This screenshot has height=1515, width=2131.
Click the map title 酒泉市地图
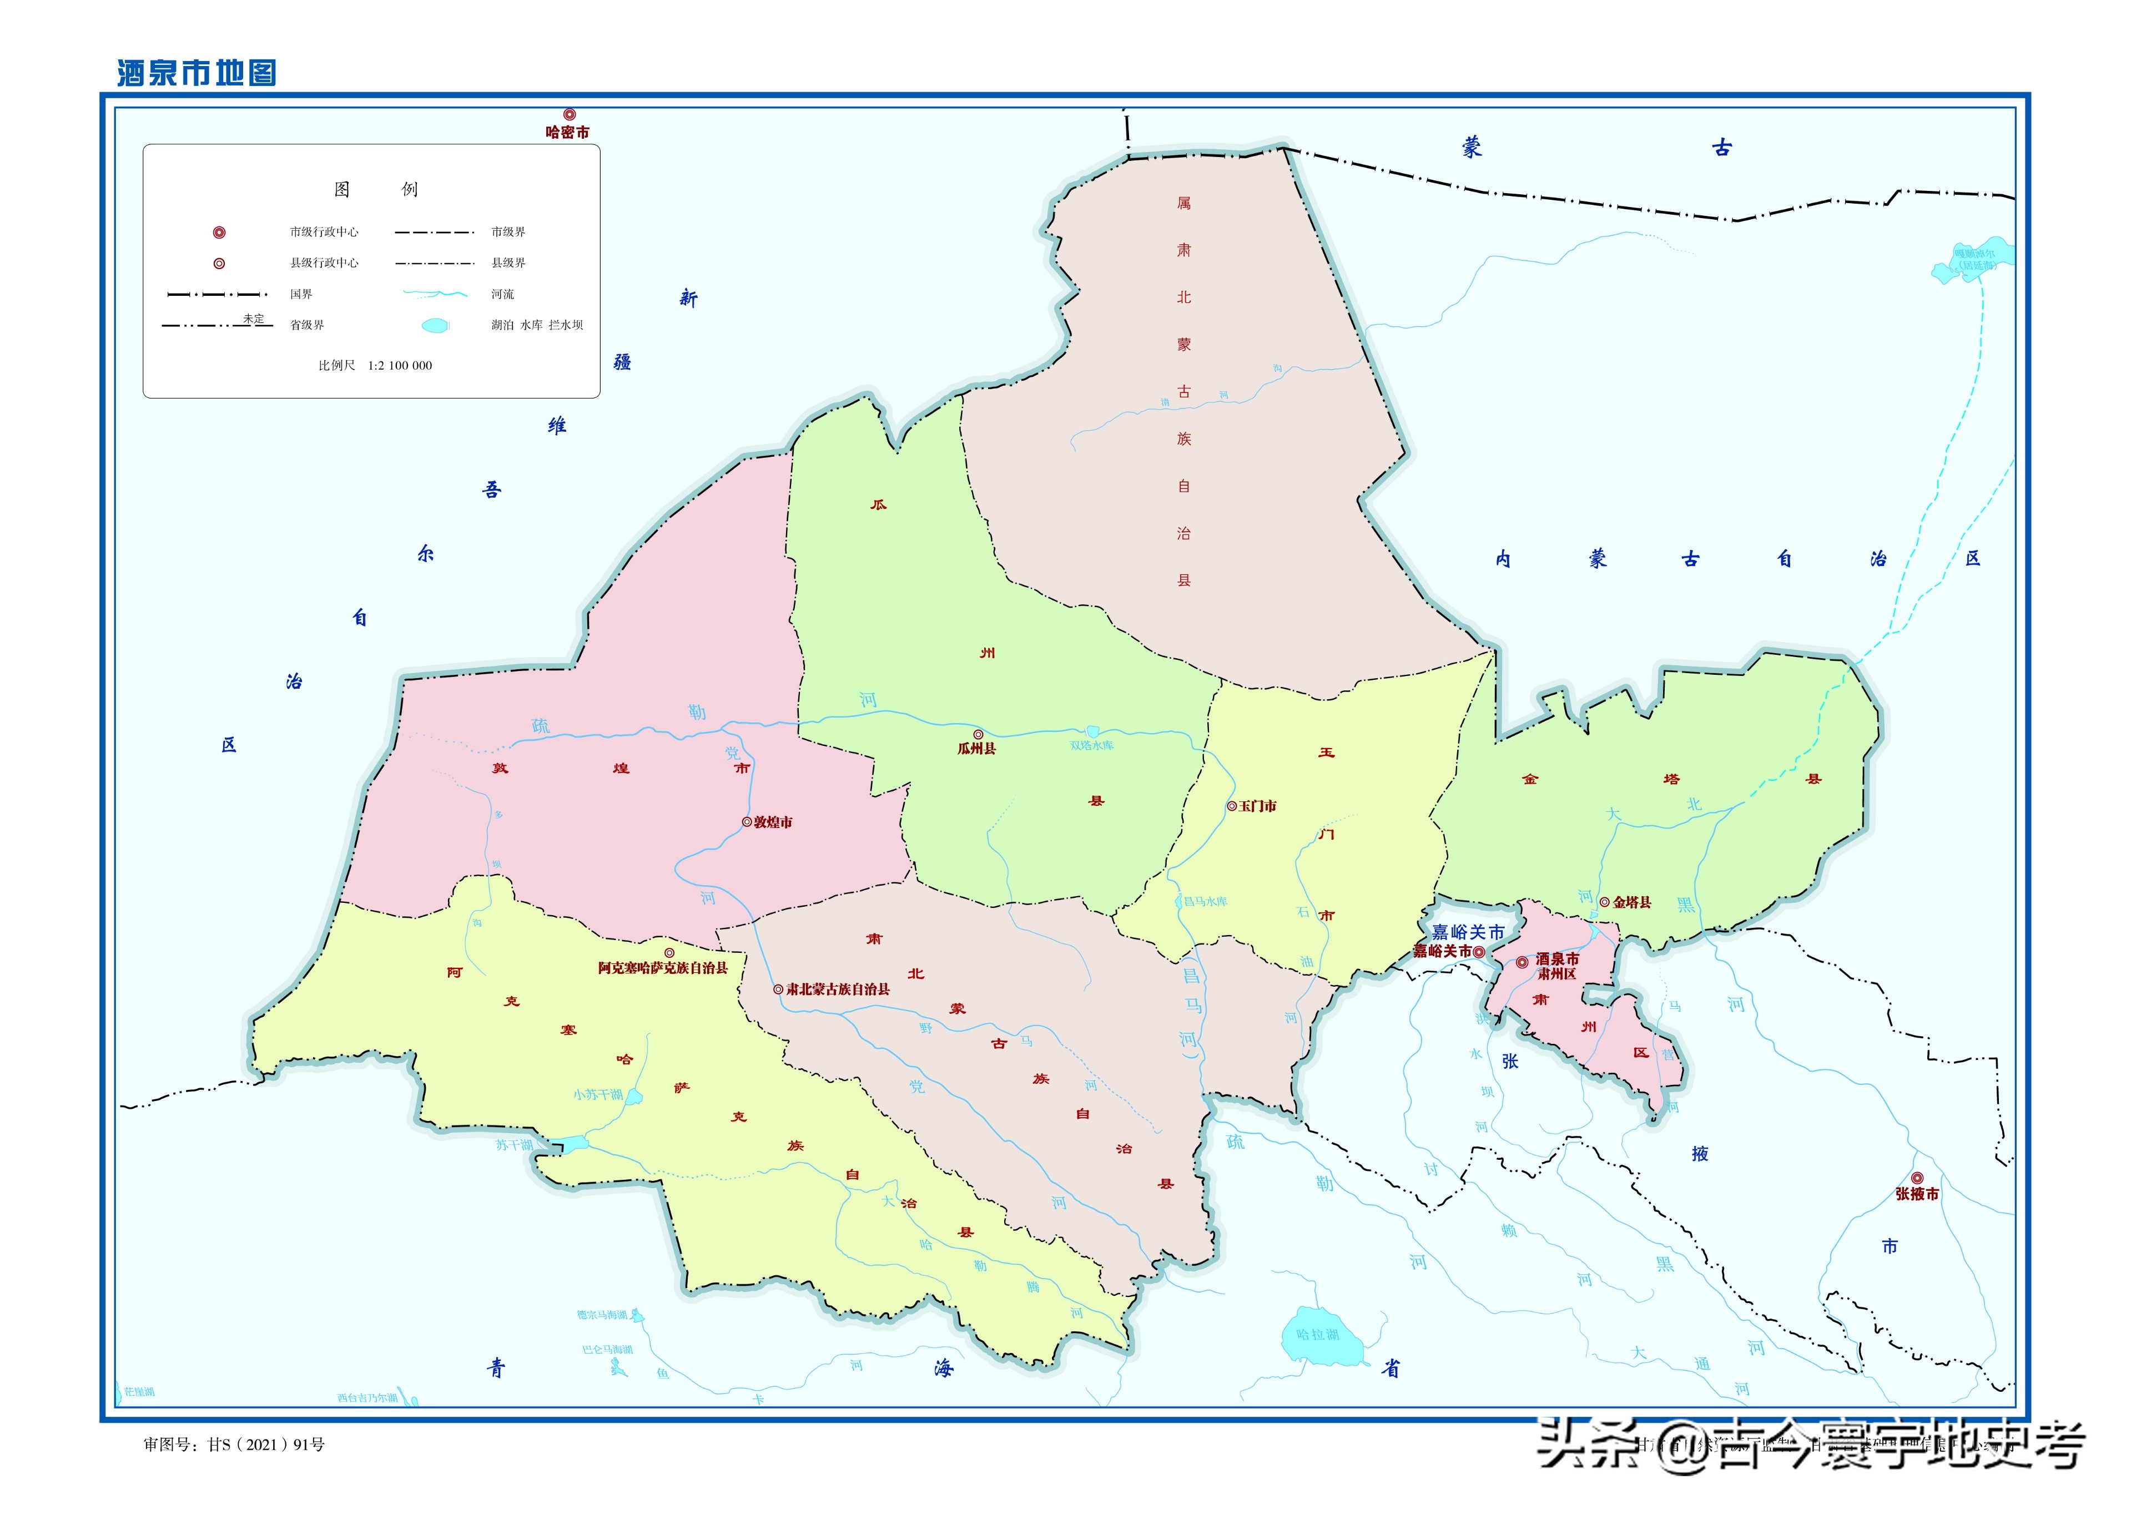197,73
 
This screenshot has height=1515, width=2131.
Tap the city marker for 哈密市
569,115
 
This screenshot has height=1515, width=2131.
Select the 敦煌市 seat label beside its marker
773,823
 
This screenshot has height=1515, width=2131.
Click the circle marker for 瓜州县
978,734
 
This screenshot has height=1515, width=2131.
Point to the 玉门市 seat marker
1232,806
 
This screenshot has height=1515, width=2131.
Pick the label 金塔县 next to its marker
1632,902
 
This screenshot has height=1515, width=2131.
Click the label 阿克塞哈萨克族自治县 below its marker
662,968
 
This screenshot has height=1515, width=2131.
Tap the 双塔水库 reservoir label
1092,745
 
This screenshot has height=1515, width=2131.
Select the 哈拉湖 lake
1321,1334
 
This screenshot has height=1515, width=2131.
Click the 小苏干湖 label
598,1094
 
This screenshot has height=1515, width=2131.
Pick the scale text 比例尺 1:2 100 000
375,366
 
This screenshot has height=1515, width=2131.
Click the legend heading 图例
375,189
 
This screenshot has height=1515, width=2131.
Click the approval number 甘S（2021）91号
266,1445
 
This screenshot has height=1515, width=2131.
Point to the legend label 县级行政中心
324,263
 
